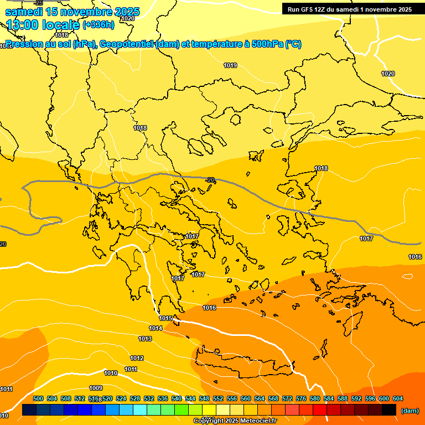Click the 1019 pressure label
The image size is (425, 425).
[231, 66]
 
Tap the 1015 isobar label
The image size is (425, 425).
[166, 318]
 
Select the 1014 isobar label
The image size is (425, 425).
[156, 328]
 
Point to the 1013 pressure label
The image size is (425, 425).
[145, 339]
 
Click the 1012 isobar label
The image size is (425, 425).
[137, 358]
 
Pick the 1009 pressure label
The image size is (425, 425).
[96, 388]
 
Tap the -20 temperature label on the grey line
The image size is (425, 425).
[210, 180]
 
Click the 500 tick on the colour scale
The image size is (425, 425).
[38, 399]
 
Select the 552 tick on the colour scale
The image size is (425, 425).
[218, 399]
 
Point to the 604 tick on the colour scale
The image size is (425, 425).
[398, 399]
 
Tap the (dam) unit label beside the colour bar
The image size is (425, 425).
[410, 411]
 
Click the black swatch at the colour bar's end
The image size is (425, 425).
[389, 410]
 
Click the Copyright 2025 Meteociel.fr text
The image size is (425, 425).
[235, 421]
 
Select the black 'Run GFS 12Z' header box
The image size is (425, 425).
[349, 9]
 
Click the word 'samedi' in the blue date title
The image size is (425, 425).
[25, 12]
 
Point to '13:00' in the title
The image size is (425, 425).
[23, 25]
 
